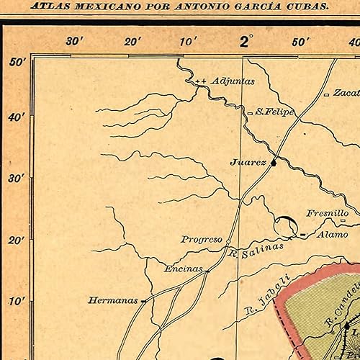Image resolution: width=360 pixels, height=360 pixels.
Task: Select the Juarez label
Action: pyautogui.click(x=248, y=163)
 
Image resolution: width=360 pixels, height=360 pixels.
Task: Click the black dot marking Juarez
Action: pyautogui.click(x=274, y=163)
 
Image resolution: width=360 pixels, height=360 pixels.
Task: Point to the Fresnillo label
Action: pyautogui.click(x=327, y=214)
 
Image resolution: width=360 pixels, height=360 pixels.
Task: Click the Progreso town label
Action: pyautogui.click(x=201, y=239)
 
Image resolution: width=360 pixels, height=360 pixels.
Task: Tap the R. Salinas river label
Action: pyautogui.click(x=256, y=250)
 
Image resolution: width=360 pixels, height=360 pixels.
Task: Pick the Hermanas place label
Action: pyautogui.click(x=113, y=300)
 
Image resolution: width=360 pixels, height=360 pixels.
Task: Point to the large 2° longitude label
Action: pyautogui.click(x=246, y=41)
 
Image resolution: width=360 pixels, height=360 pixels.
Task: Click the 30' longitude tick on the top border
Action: pyautogui.click(x=75, y=41)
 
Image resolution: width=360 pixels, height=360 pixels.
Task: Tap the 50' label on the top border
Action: pyautogui.click(x=301, y=42)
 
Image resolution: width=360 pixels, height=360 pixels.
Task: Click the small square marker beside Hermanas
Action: pyautogui.click(x=144, y=300)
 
